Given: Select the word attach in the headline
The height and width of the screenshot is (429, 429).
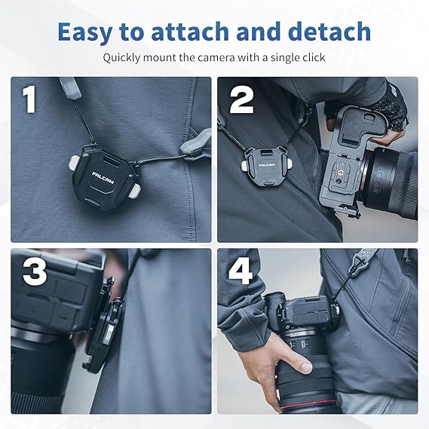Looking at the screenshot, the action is [190, 32].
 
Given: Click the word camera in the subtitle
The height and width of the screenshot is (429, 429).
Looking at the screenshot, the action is [216, 58].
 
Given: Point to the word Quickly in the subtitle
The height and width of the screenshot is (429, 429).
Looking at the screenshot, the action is [121, 58].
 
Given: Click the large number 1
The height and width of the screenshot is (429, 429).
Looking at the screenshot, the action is [29, 99].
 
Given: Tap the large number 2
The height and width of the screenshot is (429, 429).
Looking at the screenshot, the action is [242, 100].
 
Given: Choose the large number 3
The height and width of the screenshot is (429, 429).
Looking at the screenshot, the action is [35, 271].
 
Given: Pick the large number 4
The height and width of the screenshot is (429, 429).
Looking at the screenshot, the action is [241, 271].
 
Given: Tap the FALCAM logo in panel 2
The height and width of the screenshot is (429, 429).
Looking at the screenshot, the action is [267, 165].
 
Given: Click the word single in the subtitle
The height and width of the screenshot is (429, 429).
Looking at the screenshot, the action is [284, 58].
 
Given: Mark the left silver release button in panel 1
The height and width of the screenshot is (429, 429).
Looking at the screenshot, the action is [74, 163].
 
